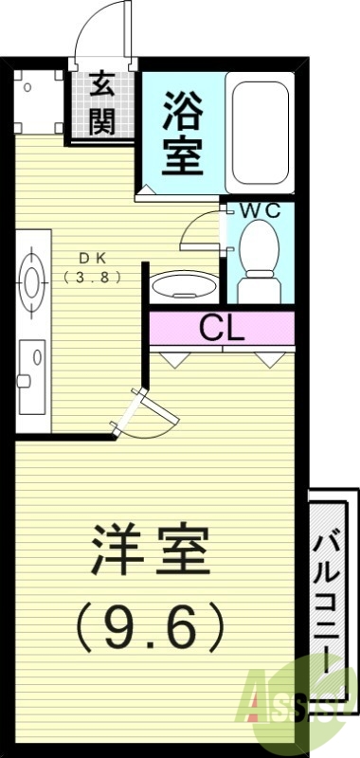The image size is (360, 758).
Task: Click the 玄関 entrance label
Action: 102,105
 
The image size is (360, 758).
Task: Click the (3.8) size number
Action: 91,278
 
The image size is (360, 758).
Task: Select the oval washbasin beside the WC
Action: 182,283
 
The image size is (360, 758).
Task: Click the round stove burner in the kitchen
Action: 32,280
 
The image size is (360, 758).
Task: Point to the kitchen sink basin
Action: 31,365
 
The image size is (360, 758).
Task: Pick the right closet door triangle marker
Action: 269,358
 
